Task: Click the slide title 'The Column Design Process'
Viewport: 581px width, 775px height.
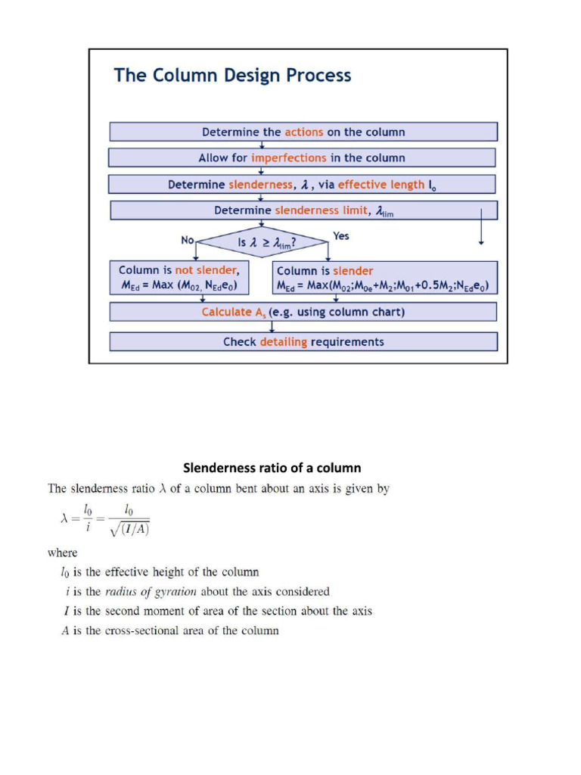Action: pyautogui.click(x=232, y=76)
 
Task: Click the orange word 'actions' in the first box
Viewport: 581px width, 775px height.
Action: pyautogui.click(x=303, y=132)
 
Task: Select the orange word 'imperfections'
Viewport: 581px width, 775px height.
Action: pyautogui.click(x=290, y=158)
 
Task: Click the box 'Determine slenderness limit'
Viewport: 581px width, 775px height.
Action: pyautogui.click(x=303, y=210)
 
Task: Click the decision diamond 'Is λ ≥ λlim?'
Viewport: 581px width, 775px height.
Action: pyautogui.click(x=263, y=242)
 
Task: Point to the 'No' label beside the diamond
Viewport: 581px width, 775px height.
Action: pyautogui.click(x=188, y=240)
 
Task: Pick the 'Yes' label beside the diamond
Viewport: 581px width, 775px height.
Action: pyautogui.click(x=341, y=236)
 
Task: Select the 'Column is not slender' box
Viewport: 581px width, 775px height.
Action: pyautogui.click(x=179, y=278)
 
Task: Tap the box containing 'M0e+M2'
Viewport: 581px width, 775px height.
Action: pyautogui.click(x=384, y=279)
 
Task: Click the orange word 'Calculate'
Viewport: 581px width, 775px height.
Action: pyautogui.click(x=228, y=312)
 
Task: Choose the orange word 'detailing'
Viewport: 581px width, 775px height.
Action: pyautogui.click(x=284, y=342)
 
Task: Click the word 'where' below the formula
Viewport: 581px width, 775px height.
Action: pyautogui.click(x=62, y=553)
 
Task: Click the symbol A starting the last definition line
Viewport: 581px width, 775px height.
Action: pyautogui.click(x=65, y=630)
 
